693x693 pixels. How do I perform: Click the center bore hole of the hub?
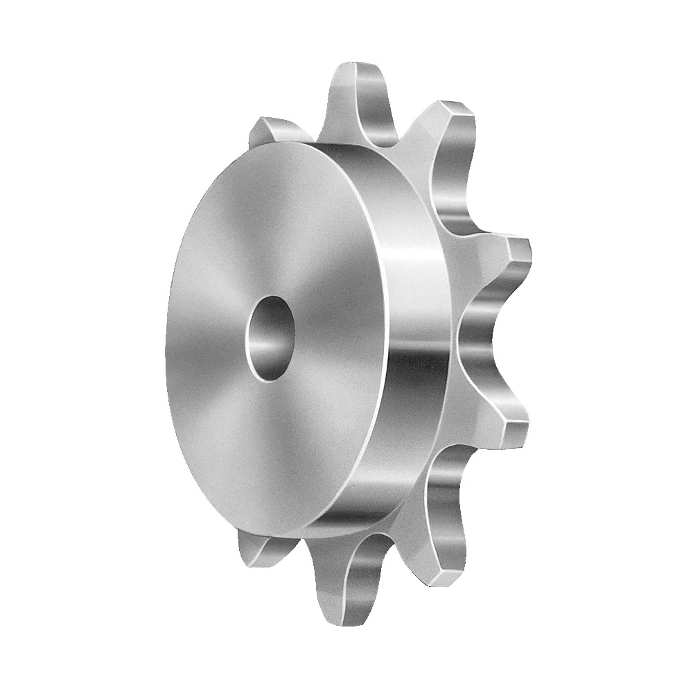pos(269,338)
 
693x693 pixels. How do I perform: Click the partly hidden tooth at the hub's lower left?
pos(260,547)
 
